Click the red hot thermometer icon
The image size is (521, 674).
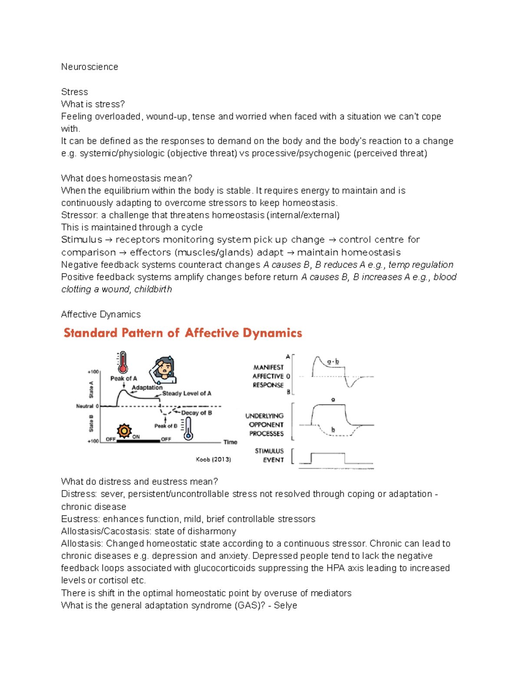[122, 362]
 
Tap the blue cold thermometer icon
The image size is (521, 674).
[188, 429]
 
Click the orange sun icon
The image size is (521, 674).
[124, 431]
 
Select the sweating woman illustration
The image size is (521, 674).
[163, 370]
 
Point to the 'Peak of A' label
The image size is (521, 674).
[123, 378]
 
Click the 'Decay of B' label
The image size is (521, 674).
[196, 413]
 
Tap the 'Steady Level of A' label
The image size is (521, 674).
[187, 394]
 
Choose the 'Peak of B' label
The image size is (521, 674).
[165, 426]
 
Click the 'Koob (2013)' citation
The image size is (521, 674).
[213, 459]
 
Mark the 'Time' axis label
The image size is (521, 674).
[230, 442]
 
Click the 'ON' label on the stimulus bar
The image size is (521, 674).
[136, 437]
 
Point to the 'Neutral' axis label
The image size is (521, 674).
[85, 406]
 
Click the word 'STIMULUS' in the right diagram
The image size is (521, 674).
[269, 451]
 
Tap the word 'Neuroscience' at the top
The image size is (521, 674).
[89, 67]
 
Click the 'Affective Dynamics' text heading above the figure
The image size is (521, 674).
[101, 314]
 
